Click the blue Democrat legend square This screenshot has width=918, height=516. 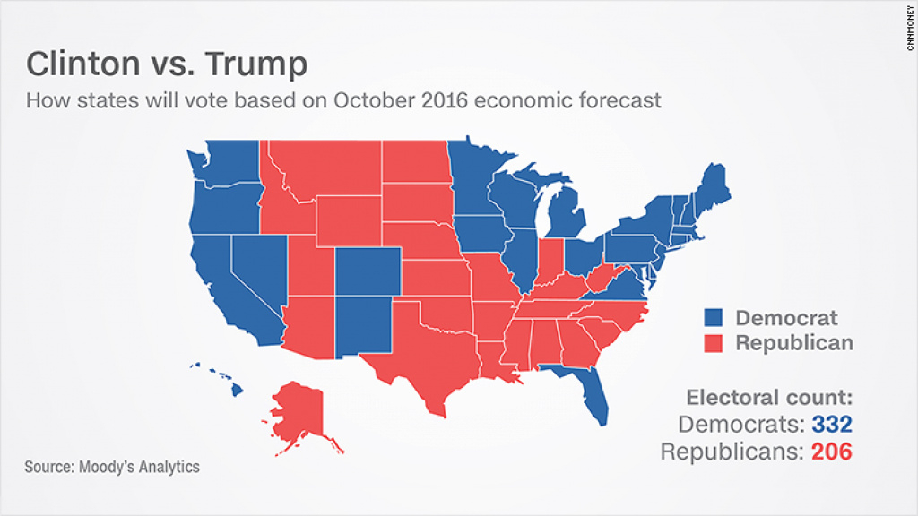tap(713, 318)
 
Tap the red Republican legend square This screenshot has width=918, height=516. tap(713, 343)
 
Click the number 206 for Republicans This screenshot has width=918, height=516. tap(832, 451)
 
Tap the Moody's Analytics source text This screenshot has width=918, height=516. tap(112, 467)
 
